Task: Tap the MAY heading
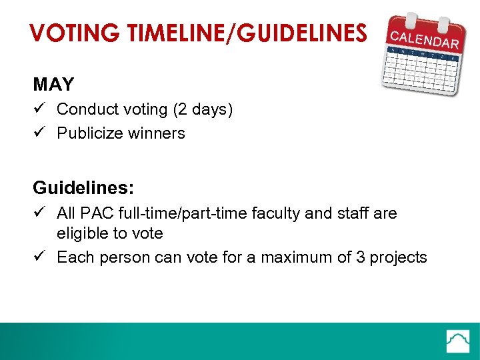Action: coord(53,85)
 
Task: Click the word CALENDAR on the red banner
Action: coord(425,38)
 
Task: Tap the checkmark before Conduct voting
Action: coord(39,109)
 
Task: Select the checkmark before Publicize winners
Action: coord(39,133)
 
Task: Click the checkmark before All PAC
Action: coord(39,213)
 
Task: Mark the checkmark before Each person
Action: coord(39,257)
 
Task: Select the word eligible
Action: coord(81,234)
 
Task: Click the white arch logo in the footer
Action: coord(459,341)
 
